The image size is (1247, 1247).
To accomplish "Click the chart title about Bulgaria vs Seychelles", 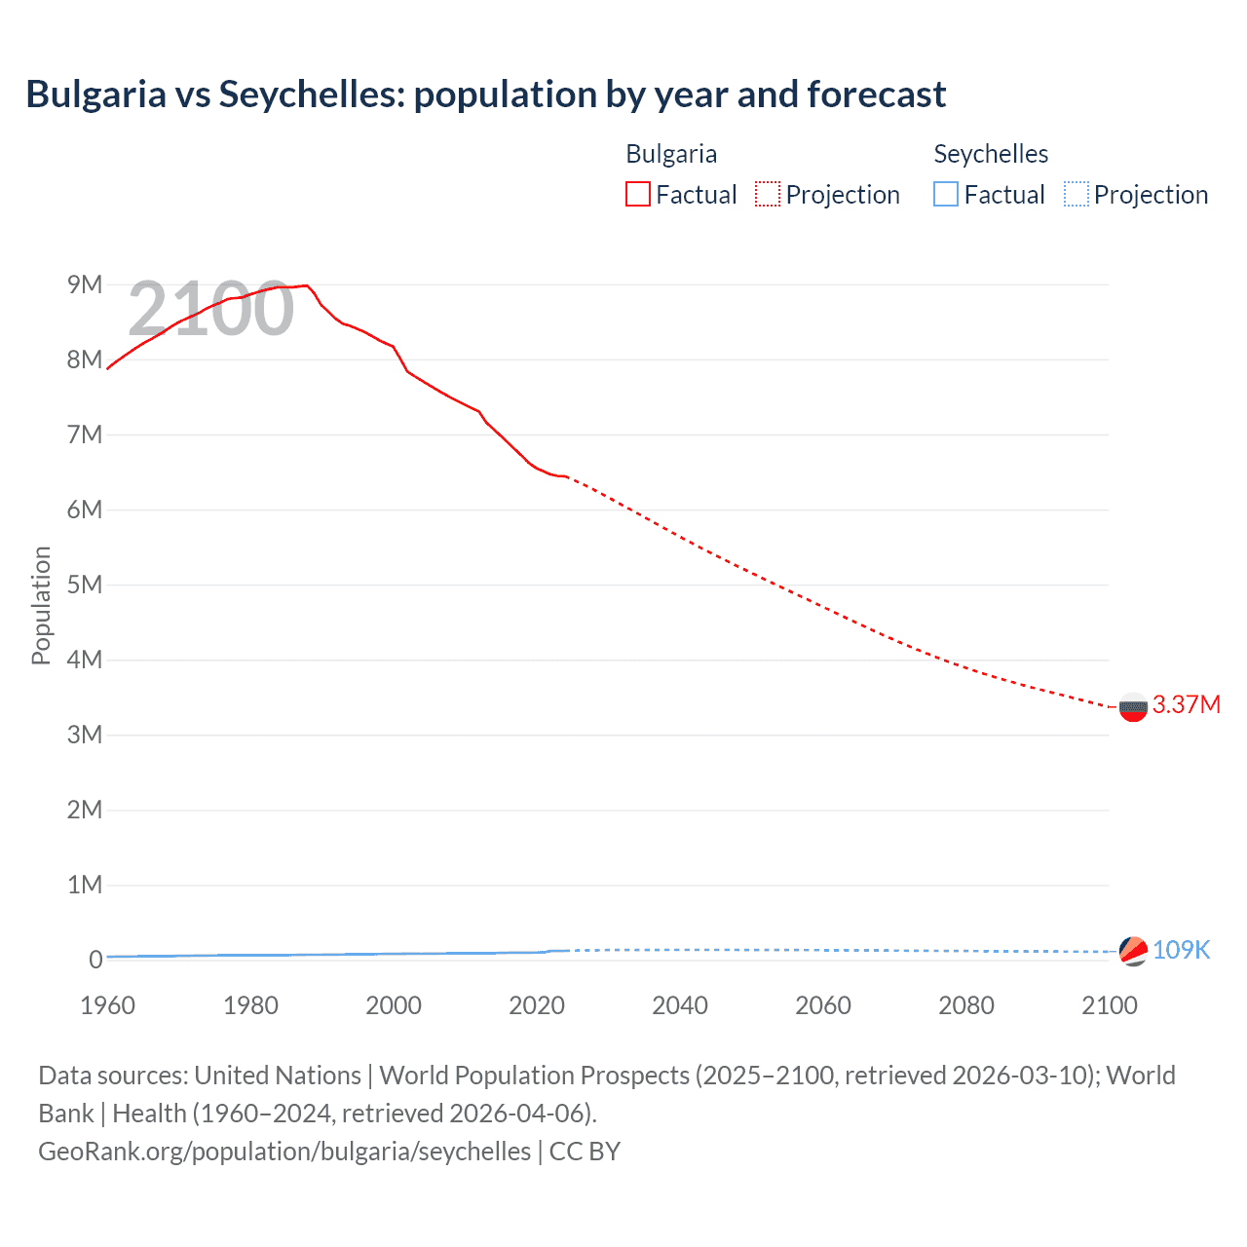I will click(x=485, y=94).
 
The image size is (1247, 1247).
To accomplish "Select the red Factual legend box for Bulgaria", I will click(x=638, y=195).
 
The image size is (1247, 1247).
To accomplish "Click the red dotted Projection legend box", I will click(x=768, y=195).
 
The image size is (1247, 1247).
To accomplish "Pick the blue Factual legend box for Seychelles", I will click(x=946, y=195).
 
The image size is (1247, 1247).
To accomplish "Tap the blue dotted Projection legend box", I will click(x=1077, y=195).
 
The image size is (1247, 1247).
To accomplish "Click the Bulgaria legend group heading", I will click(x=671, y=154).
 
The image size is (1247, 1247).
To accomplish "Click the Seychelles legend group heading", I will click(x=991, y=154).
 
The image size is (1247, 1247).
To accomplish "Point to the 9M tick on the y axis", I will click(x=85, y=284).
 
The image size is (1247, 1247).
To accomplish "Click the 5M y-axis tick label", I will click(x=85, y=585).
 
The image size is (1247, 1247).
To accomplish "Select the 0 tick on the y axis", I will click(x=95, y=960).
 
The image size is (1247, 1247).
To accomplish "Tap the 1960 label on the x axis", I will click(x=107, y=1005).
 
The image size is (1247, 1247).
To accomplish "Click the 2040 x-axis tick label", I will click(x=680, y=1005).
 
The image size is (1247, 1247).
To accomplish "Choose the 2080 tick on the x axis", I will click(x=966, y=1005).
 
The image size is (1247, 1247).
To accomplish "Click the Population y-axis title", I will click(x=41, y=606).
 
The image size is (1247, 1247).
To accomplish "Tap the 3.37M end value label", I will click(x=1186, y=705).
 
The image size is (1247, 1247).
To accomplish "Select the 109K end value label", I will click(x=1181, y=951).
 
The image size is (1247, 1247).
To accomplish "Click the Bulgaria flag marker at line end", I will click(x=1133, y=707).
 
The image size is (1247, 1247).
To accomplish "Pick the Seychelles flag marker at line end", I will click(x=1133, y=951).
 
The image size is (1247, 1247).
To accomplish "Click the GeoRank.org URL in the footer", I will click(x=284, y=1152).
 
